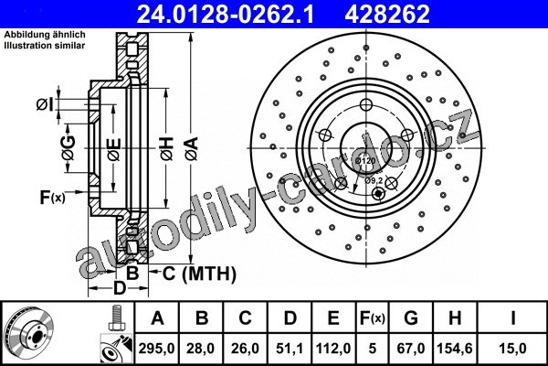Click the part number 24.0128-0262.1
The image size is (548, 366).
point(226,14)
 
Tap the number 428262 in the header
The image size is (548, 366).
point(387,14)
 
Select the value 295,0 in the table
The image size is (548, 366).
point(156,349)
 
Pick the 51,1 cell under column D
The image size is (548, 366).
point(290,349)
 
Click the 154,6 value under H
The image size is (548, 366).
point(455,349)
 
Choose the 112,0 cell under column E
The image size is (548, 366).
point(333,349)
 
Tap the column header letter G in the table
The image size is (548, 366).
point(411,318)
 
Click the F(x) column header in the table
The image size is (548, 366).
point(373,318)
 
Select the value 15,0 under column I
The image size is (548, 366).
point(512,349)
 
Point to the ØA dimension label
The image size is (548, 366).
point(192,149)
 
